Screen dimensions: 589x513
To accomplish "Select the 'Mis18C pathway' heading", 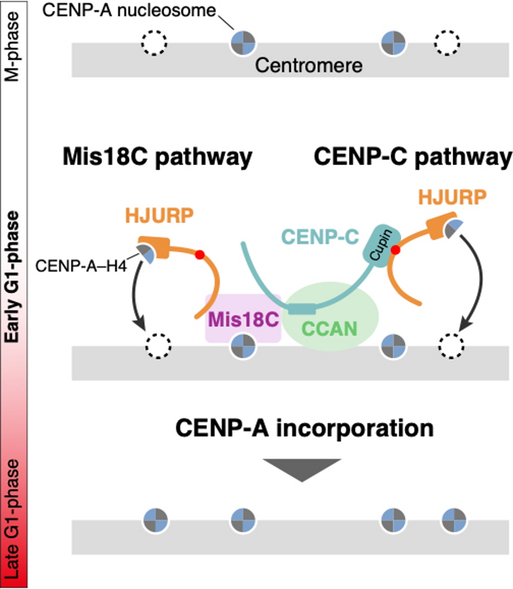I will (157, 158).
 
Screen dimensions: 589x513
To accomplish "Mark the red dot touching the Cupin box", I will (394, 250).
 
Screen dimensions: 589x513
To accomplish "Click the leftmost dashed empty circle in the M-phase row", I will (153, 42).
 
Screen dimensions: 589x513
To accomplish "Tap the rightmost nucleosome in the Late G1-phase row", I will (454, 520).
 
